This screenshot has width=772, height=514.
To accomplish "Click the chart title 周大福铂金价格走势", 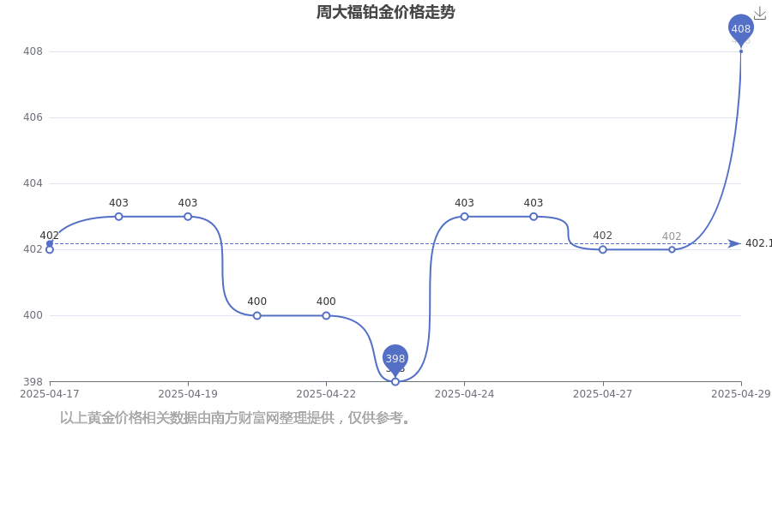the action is [x=385, y=12].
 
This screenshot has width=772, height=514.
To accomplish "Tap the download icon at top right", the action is [x=760, y=14].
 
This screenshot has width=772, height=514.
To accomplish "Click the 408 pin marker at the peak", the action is [x=741, y=29].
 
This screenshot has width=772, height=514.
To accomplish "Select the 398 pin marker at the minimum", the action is [x=395, y=360].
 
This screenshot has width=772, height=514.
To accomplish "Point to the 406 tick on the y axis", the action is [x=33, y=117].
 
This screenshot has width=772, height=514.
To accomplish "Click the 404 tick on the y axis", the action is [x=33, y=183].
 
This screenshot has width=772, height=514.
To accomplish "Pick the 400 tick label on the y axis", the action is [x=33, y=314].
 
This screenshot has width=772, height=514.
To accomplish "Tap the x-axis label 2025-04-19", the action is [x=188, y=394].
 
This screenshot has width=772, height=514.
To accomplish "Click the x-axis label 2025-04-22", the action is [x=326, y=394].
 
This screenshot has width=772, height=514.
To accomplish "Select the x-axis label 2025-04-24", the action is [x=464, y=394].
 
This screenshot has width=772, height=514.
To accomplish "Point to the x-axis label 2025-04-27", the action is [x=603, y=394].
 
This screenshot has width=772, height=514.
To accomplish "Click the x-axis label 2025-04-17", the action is [x=49, y=394].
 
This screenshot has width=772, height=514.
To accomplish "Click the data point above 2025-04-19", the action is [x=188, y=217].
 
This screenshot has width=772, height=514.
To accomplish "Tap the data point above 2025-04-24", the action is [x=464, y=217].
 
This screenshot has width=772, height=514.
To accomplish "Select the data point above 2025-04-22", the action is [x=326, y=315].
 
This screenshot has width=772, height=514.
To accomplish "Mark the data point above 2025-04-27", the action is [x=603, y=249].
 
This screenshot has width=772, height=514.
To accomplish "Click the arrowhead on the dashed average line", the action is [x=734, y=243].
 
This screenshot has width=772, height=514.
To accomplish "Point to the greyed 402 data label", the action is [x=672, y=236].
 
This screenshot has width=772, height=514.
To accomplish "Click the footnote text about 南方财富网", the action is [x=234, y=418].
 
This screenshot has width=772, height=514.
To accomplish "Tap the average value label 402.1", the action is [x=758, y=243].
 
